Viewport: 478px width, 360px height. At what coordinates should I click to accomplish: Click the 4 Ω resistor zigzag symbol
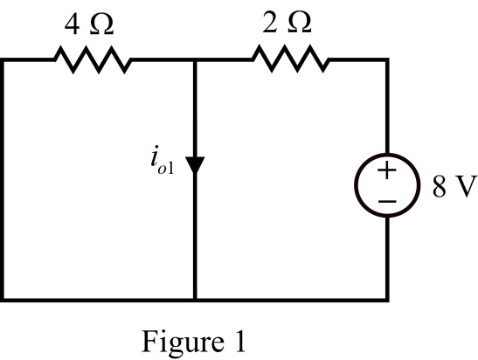[93, 59]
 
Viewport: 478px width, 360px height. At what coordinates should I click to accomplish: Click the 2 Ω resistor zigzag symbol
[291, 59]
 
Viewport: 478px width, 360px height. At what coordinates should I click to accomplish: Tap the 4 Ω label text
[89, 24]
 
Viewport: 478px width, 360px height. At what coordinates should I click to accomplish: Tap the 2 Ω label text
[287, 23]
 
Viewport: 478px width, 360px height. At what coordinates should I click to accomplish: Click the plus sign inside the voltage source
[387, 170]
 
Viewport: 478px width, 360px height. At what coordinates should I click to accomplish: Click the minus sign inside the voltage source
[387, 201]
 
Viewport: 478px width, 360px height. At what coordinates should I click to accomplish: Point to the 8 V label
[454, 186]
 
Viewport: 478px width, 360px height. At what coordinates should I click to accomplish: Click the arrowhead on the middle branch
[195, 165]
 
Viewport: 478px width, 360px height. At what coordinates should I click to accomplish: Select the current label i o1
[163, 163]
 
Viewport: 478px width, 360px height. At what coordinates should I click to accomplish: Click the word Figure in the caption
[183, 343]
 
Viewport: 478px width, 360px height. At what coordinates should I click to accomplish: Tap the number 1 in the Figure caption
[239, 342]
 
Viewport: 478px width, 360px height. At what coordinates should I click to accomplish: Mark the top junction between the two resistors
[195, 59]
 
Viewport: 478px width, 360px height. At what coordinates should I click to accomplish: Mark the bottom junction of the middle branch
[195, 300]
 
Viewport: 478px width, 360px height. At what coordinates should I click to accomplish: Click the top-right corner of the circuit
[387, 59]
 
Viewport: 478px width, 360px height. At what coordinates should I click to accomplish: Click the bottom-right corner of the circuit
[387, 300]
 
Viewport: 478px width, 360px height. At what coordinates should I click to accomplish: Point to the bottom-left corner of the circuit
[3, 300]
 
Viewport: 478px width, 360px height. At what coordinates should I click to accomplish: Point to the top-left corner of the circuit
[3, 59]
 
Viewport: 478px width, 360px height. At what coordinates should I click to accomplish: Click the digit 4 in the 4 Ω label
[73, 25]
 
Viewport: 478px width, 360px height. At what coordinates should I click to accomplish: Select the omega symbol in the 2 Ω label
[300, 23]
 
